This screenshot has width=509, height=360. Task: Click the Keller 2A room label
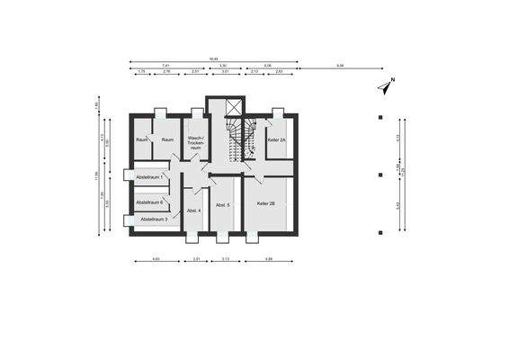tap(277, 140)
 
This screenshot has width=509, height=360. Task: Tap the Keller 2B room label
tap(266, 204)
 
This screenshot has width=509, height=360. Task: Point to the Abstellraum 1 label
tap(149, 177)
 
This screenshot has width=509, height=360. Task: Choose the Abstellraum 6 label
tap(149, 202)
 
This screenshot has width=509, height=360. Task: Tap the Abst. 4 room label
tap(193, 211)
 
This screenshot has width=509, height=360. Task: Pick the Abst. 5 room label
tap(222, 206)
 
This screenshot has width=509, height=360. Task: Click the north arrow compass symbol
tap(385, 87)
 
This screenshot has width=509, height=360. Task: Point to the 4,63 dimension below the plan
tap(156, 260)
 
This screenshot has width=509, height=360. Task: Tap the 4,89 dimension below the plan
tap(269, 260)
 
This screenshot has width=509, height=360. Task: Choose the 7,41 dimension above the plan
tap(166, 66)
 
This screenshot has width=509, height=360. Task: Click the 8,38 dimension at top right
tap(339, 66)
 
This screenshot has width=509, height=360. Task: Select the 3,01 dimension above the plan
tap(226, 71)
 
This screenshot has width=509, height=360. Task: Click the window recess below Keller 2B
tap(251, 238)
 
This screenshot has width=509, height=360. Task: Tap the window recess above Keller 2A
tap(278, 112)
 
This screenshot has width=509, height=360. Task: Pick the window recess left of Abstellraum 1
tap(128, 176)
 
